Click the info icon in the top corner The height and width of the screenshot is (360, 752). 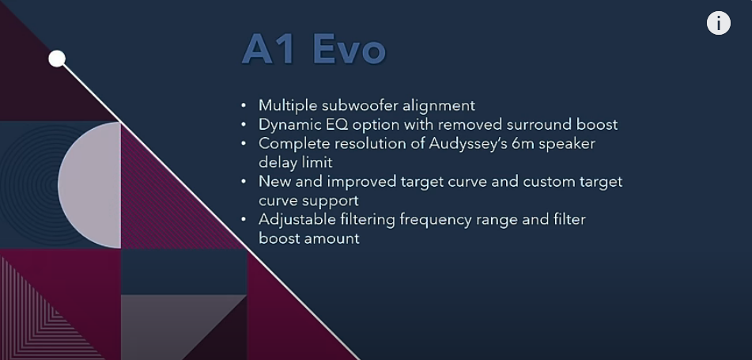[x=719, y=23]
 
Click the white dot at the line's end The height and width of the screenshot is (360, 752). [x=57, y=59]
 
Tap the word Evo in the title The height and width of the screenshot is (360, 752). [x=350, y=49]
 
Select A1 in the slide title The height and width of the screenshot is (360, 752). [x=269, y=49]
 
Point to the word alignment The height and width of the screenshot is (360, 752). [x=438, y=106]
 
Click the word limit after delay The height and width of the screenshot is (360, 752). [x=317, y=162]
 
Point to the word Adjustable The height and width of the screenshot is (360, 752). [x=297, y=220]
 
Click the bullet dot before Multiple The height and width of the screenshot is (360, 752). [x=244, y=105]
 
